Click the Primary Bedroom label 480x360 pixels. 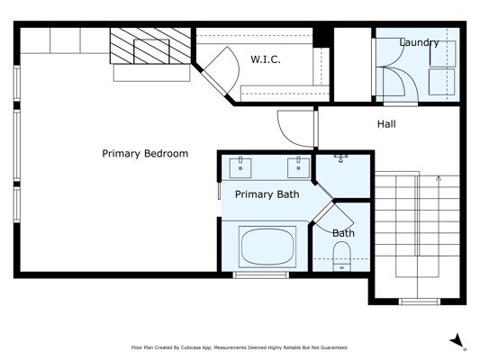pyautogui.click(x=145, y=153)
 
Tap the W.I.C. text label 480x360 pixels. pyautogui.click(x=266, y=59)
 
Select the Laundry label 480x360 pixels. pyautogui.click(x=419, y=42)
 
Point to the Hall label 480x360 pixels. pyautogui.click(x=386, y=124)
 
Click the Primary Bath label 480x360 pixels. pyautogui.click(x=267, y=194)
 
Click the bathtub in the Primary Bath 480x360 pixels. pyautogui.click(x=267, y=247)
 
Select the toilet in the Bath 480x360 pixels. pyautogui.click(x=341, y=256)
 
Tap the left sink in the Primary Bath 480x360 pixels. pyautogui.click(x=240, y=167)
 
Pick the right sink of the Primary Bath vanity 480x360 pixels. pyautogui.click(x=298, y=167)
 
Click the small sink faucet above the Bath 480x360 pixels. pyautogui.click(x=340, y=158)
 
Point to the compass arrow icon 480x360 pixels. pyautogui.click(x=457, y=341)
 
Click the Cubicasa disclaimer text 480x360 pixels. pyautogui.click(x=240, y=347)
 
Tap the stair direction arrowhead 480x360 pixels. pyautogui.click(x=439, y=177)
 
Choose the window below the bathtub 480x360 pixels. pyautogui.click(x=261, y=275)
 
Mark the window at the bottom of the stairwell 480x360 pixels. pyautogui.click(x=420, y=301)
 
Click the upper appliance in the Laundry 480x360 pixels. pyautogui.click(x=443, y=53)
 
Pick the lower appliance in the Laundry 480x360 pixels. pyautogui.click(x=442, y=82)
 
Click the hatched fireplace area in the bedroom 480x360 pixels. pyautogui.click(x=150, y=46)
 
